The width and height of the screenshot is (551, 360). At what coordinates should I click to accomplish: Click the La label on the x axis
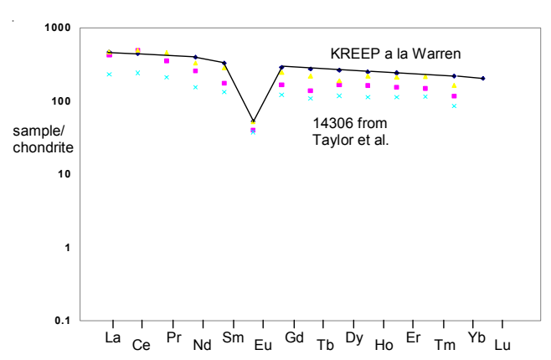coord(113,337)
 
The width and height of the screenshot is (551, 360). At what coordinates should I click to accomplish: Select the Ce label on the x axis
coord(142,345)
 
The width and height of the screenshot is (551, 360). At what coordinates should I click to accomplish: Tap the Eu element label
coord(262,345)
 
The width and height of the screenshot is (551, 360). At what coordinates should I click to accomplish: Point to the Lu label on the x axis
coord(502,345)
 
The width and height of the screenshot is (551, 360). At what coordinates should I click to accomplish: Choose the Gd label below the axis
coord(294,337)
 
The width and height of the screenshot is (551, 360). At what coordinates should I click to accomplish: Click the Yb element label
coord(474,337)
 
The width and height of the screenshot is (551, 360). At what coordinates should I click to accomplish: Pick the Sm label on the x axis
coord(232,337)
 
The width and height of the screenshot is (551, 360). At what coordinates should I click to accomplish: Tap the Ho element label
coord(383,345)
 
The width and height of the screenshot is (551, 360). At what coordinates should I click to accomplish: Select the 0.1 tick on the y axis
coord(63,321)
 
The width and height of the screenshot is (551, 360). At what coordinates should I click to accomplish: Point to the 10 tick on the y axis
coord(66,174)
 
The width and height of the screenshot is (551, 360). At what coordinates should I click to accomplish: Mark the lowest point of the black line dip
coord(254,121)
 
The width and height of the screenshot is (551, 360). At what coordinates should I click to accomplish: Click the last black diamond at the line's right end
coord(484,79)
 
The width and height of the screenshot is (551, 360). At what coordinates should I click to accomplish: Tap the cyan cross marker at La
coord(110,75)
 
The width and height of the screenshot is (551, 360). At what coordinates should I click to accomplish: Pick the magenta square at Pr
coord(167,61)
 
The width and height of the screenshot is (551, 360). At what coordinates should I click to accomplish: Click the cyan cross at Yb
coord(455,106)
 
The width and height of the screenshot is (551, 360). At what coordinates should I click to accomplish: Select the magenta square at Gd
coord(282,85)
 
